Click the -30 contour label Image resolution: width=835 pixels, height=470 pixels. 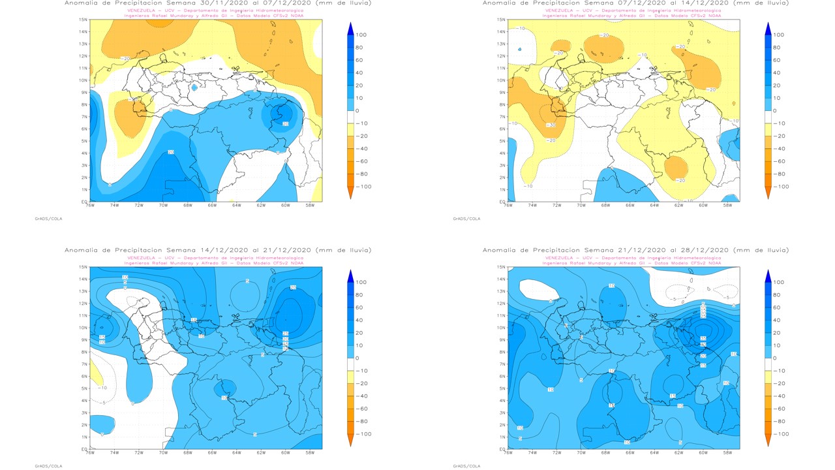(550, 125)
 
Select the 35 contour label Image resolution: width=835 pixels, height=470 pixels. (703, 339)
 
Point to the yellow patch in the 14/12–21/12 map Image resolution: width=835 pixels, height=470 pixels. (96, 375)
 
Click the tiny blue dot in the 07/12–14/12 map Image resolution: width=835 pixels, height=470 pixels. (520, 49)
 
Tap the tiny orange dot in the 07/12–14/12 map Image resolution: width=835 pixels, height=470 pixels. (734, 103)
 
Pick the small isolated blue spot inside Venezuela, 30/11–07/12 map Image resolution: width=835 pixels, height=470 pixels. (194, 87)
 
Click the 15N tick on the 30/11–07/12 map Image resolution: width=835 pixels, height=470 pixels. (83, 20)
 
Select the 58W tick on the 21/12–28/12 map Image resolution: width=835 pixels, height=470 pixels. (727, 452)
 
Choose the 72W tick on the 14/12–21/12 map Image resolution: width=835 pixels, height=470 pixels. (139, 452)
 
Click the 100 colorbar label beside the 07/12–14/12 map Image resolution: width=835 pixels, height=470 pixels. (778, 35)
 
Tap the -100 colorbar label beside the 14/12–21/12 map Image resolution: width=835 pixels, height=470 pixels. (361, 433)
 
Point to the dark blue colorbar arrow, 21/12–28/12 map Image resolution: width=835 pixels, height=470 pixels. (767, 275)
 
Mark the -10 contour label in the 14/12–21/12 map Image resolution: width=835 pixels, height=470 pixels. (101, 388)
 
